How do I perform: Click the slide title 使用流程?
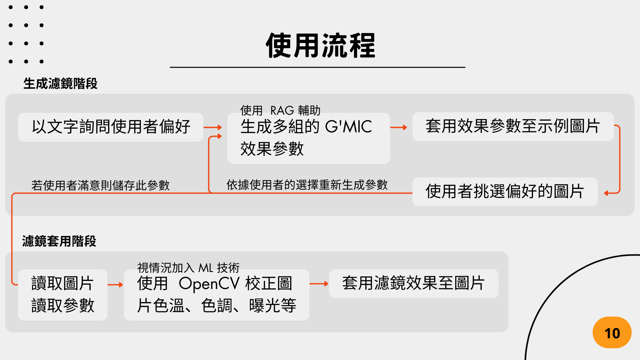click(320, 46)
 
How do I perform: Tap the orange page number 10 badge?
click(612, 333)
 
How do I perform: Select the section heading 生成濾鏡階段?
click(60, 84)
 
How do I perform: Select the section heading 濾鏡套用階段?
click(59, 241)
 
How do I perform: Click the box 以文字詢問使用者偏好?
click(111, 127)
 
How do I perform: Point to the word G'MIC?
click(348, 127)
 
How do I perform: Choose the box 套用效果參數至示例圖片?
click(513, 126)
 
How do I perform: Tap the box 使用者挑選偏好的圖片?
click(505, 192)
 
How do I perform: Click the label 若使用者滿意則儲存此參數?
click(100, 185)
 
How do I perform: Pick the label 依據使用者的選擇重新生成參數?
click(307, 185)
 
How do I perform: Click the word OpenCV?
click(209, 284)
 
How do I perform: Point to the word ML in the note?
click(206, 268)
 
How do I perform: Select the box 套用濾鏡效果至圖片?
click(413, 283)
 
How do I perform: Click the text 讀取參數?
click(63, 305)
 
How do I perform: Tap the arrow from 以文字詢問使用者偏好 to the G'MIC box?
click(213, 127)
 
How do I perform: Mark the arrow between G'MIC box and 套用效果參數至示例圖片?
click(399, 127)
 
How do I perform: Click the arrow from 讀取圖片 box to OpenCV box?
click(115, 285)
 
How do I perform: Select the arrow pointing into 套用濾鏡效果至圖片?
click(319, 284)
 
